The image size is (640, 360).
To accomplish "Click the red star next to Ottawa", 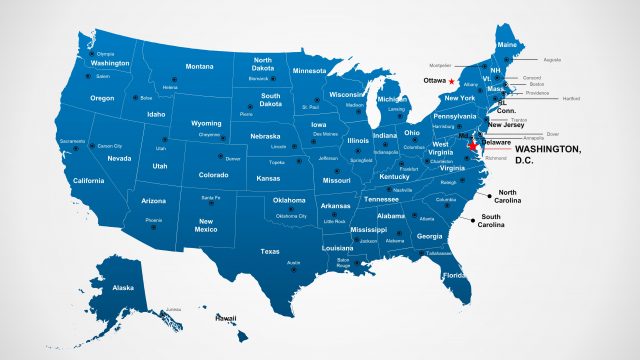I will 451,80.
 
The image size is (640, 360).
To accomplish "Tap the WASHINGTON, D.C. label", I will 547,154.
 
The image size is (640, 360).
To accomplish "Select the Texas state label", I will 270,251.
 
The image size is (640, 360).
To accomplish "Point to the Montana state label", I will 199,66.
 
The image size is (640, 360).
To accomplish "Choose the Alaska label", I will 123,287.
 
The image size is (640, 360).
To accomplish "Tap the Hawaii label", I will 225,318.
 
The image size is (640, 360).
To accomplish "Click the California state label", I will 88,180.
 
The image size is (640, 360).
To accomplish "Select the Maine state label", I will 507,44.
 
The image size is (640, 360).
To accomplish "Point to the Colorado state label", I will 214,175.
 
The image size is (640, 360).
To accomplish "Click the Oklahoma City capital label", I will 291,216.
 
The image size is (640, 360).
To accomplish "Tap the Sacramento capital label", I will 72,141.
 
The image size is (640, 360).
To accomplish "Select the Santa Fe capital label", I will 211,197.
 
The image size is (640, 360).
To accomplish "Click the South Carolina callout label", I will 490,221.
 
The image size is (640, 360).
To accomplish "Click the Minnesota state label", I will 309,71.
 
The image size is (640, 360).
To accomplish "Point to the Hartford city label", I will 571,99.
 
